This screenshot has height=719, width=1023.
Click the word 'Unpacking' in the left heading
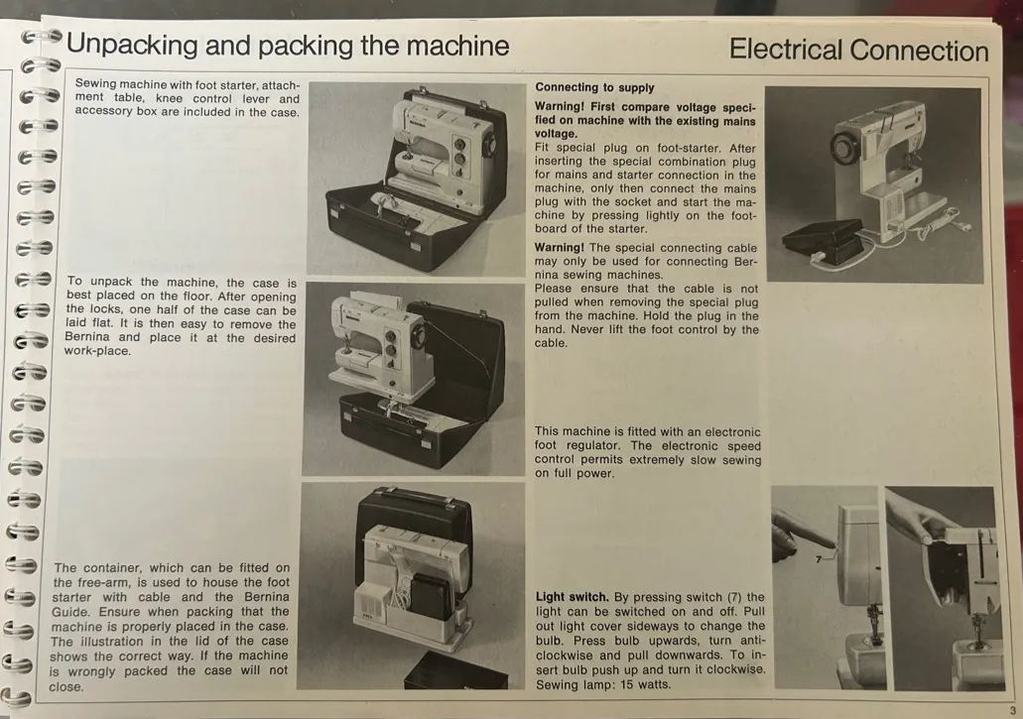point(131,46)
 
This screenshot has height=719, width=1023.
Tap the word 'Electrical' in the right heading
point(786,50)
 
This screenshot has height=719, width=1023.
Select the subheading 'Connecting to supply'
point(594,87)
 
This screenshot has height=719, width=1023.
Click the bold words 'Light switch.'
point(572,597)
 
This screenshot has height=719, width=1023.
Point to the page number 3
point(1012,710)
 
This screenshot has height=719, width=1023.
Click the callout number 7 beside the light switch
point(819,559)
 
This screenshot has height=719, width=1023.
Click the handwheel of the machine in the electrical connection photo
point(846,140)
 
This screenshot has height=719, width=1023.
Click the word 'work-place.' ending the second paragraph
point(97,351)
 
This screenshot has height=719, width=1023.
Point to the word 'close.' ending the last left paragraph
point(65,687)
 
